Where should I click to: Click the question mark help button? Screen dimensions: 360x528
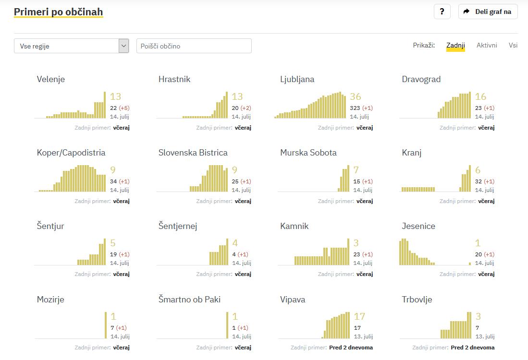pos(442,12)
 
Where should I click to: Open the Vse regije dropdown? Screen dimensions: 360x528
pos(72,46)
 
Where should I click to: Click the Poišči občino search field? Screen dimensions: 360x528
pos(194,46)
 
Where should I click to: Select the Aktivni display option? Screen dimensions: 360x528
pos(487,45)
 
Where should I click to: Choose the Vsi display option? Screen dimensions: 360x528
pos(513,45)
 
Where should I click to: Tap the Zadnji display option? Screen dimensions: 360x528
pos(455,46)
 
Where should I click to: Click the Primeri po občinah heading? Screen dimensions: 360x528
pos(58,12)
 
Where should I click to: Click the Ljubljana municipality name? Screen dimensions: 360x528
pos(297,79)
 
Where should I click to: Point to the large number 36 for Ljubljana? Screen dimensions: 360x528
pos(356,97)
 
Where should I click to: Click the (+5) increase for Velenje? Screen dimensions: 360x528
pos(124,108)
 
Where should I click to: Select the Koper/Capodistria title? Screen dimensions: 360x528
pos(71,153)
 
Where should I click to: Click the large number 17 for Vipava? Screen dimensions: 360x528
pos(359,317)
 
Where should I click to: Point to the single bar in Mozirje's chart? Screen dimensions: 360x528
pos(106,325)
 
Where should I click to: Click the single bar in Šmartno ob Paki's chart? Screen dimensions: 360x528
pos(227,325)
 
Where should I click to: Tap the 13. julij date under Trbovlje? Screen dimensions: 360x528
pos(485,336)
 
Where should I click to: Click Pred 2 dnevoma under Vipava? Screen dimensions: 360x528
pos(351,348)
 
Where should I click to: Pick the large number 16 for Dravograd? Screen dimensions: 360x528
pos(480,97)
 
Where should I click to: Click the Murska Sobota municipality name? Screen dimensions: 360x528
pos(308,153)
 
